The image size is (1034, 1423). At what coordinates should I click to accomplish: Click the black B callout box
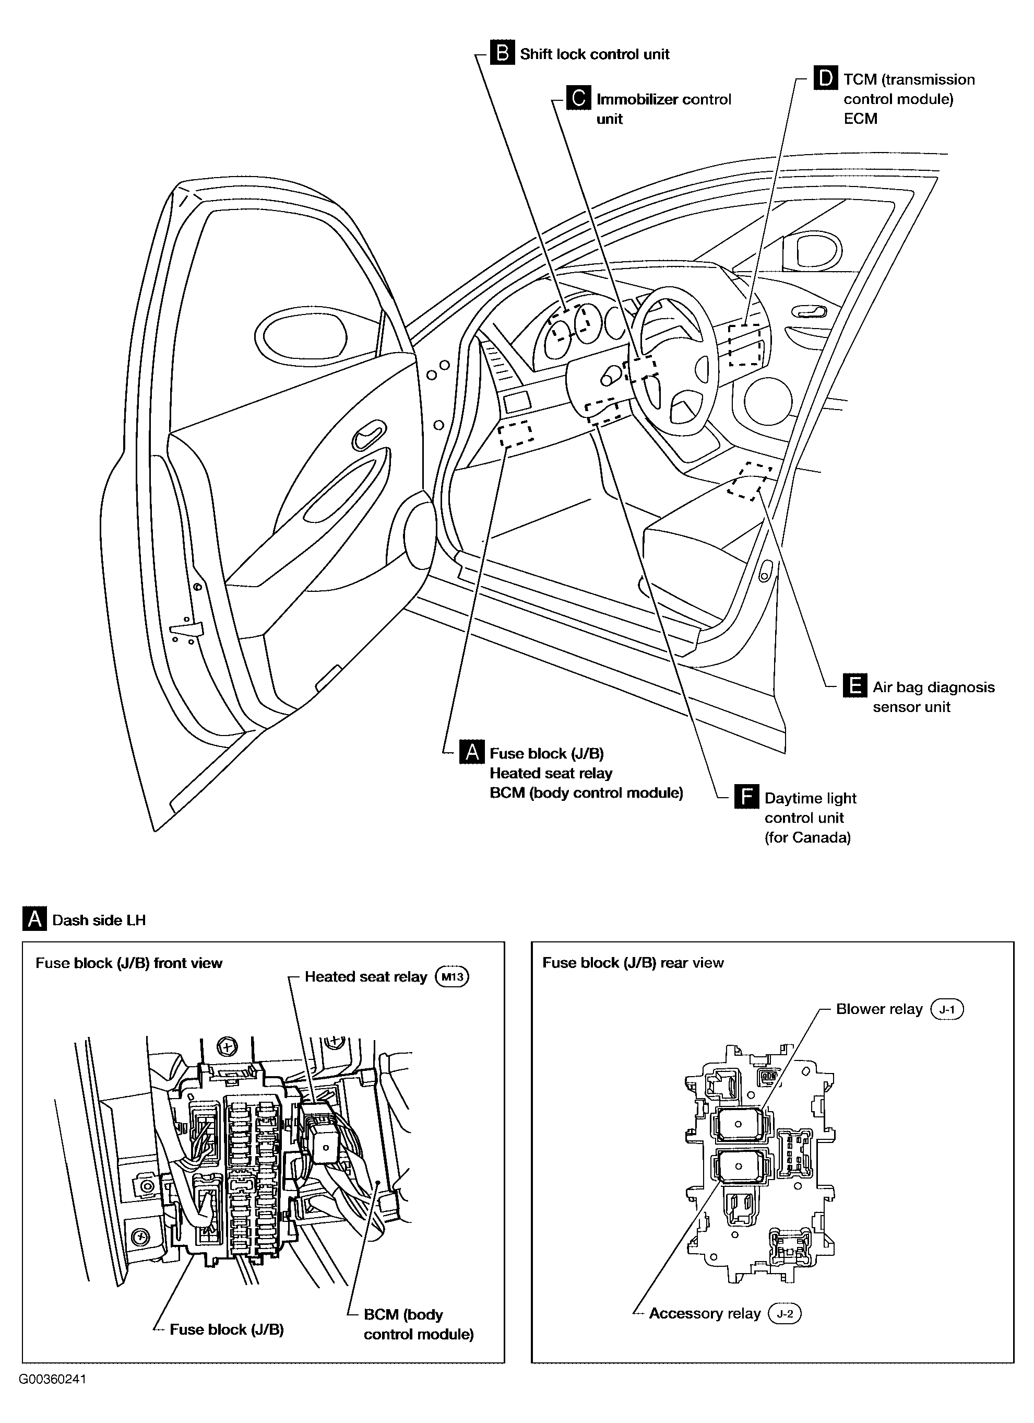[502, 53]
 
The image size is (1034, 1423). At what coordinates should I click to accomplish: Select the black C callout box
[578, 99]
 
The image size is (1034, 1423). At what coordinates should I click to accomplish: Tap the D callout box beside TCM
[825, 78]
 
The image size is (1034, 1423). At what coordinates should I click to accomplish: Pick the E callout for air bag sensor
[854, 686]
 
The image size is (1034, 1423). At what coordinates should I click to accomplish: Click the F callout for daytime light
[746, 798]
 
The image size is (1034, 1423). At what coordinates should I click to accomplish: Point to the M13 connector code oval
[452, 977]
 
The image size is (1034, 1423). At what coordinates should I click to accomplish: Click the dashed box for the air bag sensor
[750, 481]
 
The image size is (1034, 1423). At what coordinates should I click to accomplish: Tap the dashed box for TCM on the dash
[745, 345]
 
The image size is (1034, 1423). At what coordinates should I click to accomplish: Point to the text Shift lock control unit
[595, 54]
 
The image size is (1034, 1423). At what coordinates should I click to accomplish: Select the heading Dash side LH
[99, 920]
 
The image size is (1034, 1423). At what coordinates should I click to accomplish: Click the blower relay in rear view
[738, 1124]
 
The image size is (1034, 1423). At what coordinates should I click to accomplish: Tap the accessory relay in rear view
[738, 1167]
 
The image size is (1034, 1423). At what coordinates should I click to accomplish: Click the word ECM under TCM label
[860, 119]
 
